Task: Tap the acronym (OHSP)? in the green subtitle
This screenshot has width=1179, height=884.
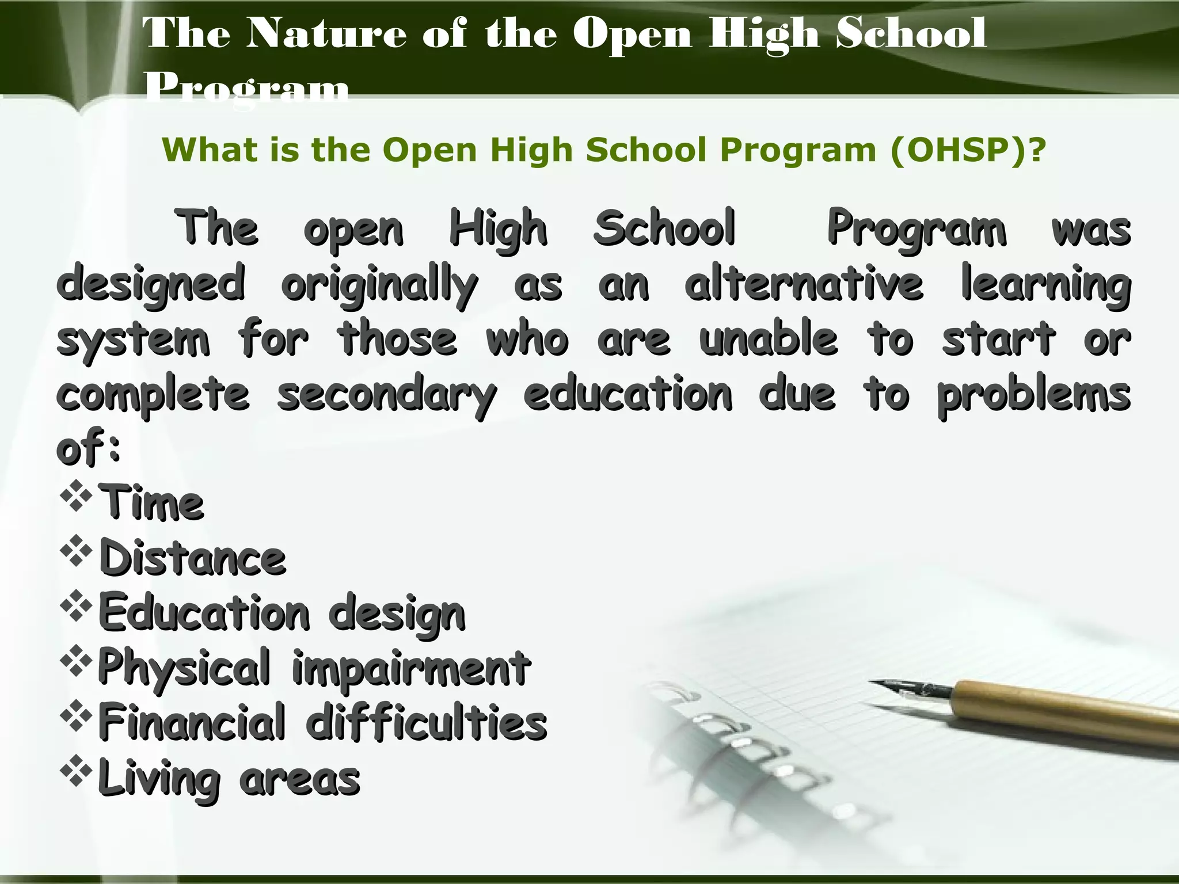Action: pyautogui.click(x=967, y=151)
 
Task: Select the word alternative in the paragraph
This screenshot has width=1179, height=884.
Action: pyautogui.click(x=804, y=283)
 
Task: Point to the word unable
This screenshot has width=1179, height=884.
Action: pyautogui.click(x=768, y=340)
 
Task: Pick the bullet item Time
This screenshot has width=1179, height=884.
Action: pyautogui.click(x=151, y=503)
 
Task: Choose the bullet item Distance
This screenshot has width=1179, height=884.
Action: pyautogui.click(x=192, y=558)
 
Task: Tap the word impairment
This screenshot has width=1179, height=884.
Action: pyautogui.click(x=411, y=668)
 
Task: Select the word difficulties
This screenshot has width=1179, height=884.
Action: pyautogui.click(x=426, y=722)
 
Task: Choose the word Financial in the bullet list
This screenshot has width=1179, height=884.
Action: pyautogui.click(x=192, y=722)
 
